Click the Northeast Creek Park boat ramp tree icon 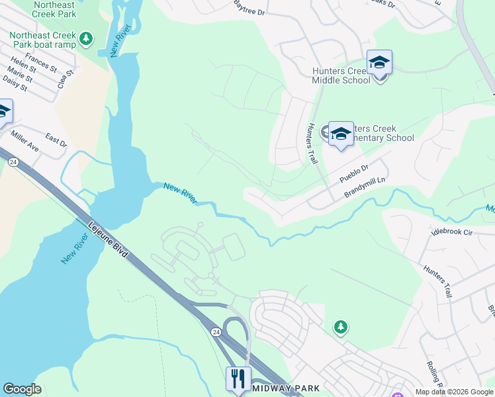(x=85, y=40)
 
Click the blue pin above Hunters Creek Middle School (x=379, y=62)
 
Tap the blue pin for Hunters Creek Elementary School (x=341, y=134)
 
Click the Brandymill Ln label (x=365, y=187)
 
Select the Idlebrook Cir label (x=452, y=232)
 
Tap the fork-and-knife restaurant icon (x=238, y=378)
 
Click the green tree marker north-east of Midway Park (x=340, y=327)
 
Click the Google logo (x=22, y=389)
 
